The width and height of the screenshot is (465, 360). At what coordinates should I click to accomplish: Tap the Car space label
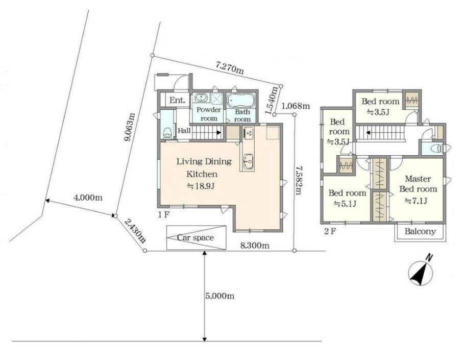(x=195, y=238)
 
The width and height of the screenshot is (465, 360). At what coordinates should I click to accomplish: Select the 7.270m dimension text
(x=230, y=68)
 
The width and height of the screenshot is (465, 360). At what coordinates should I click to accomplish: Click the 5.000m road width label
(x=219, y=296)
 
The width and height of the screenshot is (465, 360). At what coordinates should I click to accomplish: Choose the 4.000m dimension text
(x=88, y=198)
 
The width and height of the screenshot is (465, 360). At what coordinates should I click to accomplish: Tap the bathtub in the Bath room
(x=241, y=100)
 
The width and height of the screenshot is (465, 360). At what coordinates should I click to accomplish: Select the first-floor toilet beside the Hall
(x=167, y=133)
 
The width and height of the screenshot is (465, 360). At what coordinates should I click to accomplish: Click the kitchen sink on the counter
(x=248, y=162)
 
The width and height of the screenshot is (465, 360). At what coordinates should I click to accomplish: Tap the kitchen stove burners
(x=248, y=133)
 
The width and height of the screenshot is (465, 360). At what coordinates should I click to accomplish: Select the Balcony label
(x=420, y=231)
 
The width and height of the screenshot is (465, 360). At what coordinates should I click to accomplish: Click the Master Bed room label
(x=418, y=184)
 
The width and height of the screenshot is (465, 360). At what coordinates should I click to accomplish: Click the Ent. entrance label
(x=177, y=100)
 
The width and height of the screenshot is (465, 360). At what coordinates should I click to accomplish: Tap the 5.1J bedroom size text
(x=345, y=204)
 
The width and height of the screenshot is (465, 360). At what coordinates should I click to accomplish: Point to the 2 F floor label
(x=330, y=231)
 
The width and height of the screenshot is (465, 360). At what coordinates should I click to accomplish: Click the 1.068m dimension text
(x=296, y=105)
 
